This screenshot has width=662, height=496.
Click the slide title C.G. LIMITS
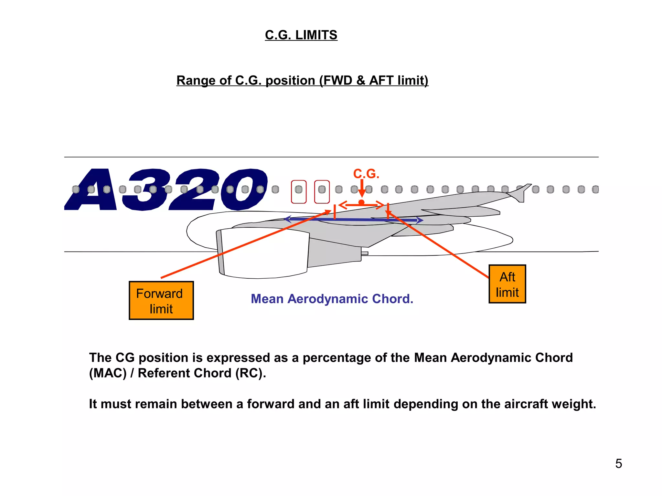[301, 35]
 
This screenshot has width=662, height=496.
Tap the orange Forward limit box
[161, 301]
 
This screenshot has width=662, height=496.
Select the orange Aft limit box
[507, 284]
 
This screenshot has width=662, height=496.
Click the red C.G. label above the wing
[366, 174]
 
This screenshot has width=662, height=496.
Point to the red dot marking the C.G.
[361, 202]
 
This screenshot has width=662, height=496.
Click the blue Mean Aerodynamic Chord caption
[332, 299]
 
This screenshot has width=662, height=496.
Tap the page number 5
[618, 464]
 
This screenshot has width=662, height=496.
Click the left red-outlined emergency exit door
[299, 192]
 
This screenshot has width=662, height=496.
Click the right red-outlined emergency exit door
[322, 192]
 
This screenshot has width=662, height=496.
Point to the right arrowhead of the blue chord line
[420, 221]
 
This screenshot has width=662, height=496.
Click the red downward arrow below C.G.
[362, 189]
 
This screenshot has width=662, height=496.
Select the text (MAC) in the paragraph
[108, 373]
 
